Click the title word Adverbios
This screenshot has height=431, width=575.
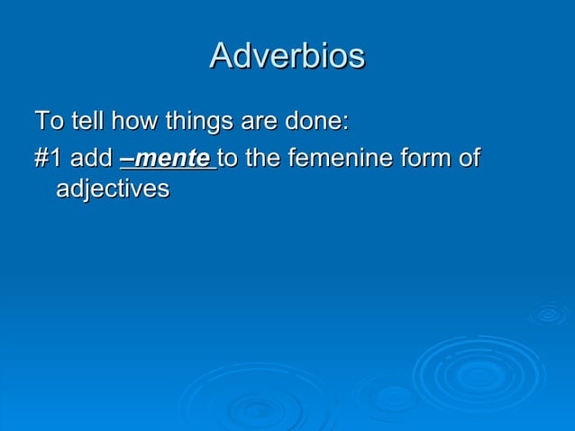287,56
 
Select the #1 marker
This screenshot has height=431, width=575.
48,159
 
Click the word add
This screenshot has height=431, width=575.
91,159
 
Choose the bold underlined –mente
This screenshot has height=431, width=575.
165,160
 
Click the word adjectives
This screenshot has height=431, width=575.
113,189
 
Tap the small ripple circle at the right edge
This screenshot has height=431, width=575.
547,315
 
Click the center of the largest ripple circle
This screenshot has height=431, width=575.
478,373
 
